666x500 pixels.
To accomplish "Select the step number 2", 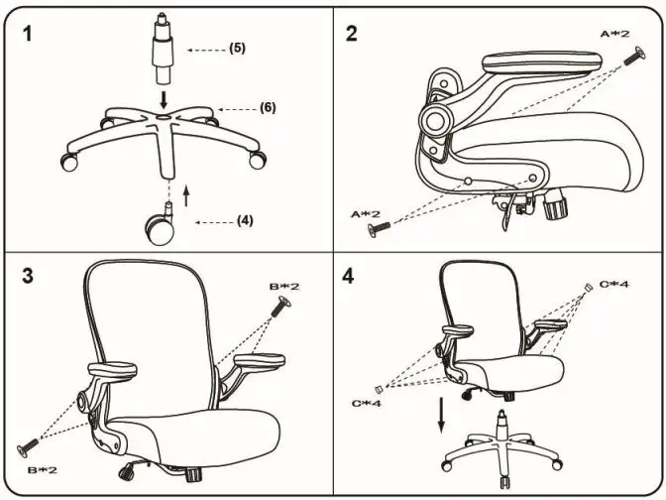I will pos(352,33).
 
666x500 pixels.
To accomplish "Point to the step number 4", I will pos(349,275).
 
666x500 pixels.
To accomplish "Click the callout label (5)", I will pos(237,48).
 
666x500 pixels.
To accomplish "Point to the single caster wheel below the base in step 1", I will pos(160,227).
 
